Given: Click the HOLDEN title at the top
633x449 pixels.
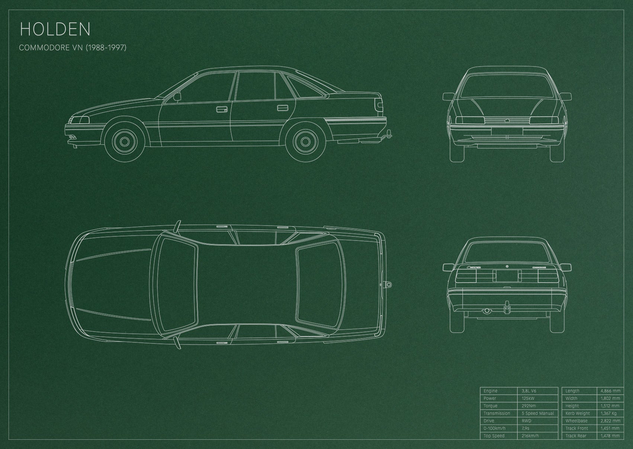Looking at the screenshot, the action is pos(55,29).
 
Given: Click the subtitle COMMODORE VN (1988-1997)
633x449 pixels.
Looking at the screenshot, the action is pos(73,48).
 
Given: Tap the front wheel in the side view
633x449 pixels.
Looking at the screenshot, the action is pos(125,142).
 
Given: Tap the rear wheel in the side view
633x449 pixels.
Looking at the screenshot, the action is pos(305,142).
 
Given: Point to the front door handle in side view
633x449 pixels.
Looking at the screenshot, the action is pos(222,109).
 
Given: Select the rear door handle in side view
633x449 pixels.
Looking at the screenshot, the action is pos(282,108).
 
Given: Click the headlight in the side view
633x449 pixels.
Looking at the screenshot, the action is pos(80,120).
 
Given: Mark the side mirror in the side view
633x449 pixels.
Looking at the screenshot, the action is pos(177,97).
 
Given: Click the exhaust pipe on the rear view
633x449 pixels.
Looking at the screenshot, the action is pos(486,311).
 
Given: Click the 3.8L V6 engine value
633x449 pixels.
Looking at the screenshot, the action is pos(529,391).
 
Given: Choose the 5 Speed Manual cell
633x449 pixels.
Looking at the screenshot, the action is pos(538,413).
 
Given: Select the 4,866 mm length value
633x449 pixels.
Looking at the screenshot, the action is pos(610,391).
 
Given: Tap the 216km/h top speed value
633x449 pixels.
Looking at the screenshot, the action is pos(530,436).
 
